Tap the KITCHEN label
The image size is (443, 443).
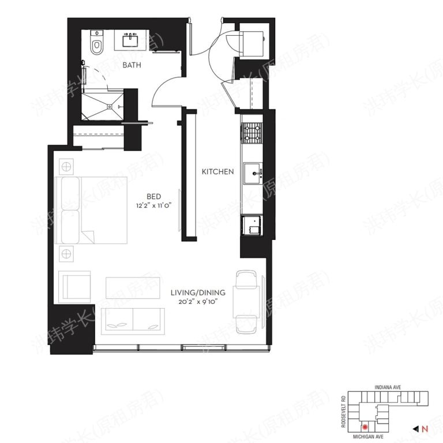pyautogui.click(x=217, y=171)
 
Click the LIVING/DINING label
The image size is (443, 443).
pyautogui.click(x=198, y=292)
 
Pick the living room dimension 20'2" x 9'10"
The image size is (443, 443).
pyautogui.click(x=198, y=301)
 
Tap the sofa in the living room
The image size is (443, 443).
pyautogui.click(x=133, y=321)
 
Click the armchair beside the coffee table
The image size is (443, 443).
pyautogui.click(x=75, y=286)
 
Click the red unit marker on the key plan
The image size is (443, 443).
pyautogui.click(x=365, y=427)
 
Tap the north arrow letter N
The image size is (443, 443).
pyautogui.click(x=424, y=429)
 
